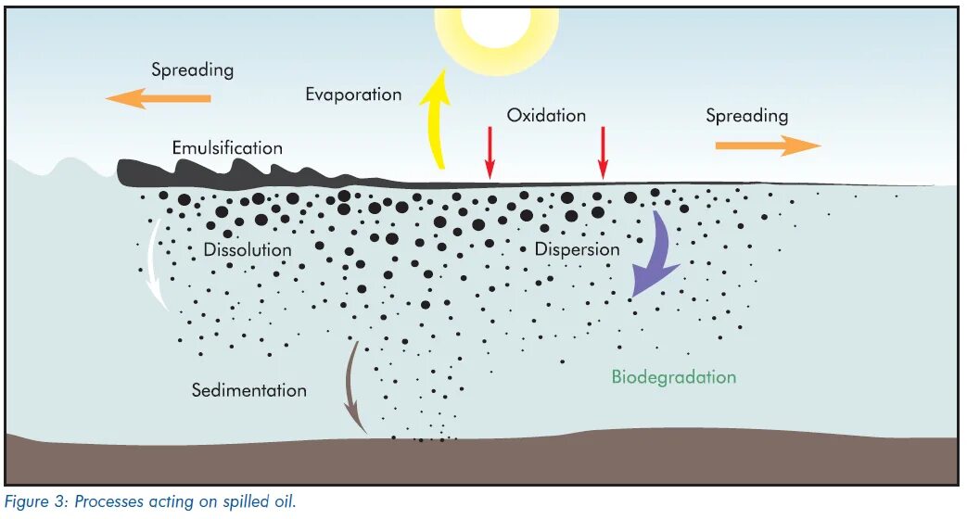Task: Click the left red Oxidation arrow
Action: tap(490, 152)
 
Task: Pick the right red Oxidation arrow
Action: tap(603, 152)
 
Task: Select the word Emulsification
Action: tap(227, 148)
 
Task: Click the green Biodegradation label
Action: tap(673, 377)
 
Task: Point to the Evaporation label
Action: tap(353, 95)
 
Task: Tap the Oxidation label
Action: tap(546, 116)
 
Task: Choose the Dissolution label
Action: tap(248, 250)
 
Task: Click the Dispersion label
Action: tap(577, 249)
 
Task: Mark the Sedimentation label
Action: tap(248, 390)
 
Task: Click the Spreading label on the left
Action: tap(192, 70)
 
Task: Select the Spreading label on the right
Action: tap(746, 116)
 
